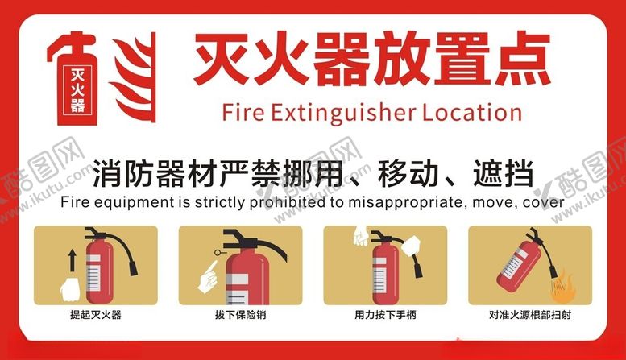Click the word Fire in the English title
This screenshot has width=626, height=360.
point(243,112)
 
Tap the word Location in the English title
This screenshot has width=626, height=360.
point(472,112)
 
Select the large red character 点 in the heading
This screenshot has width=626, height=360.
point(522,59)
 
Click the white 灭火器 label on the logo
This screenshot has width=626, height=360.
point(77,90)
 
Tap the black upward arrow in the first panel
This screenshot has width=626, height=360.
point(72,260)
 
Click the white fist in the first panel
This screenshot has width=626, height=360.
point(70,289)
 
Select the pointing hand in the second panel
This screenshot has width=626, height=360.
point(208,276)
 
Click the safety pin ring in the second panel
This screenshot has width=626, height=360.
point(218,252)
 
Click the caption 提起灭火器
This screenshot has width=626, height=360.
point(96,315)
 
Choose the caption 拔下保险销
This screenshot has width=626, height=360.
point(240,315)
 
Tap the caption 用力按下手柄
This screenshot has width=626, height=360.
point(385,315)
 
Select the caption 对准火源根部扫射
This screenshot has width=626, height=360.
point(530,315)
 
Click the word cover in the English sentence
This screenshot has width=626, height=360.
point(543,203)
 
